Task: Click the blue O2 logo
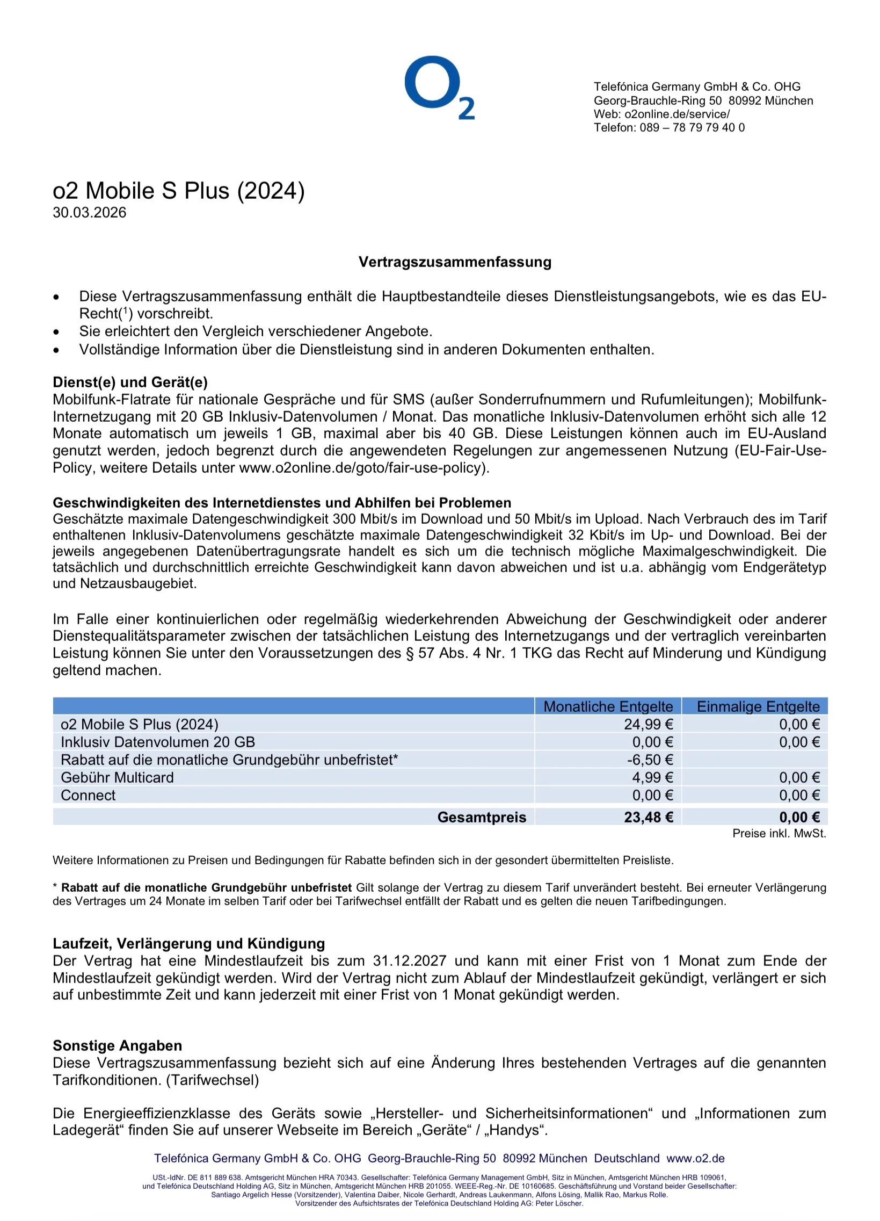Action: click(439, 87)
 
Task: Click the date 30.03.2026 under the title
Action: click(89, 213)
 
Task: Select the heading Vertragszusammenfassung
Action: click(455, 262)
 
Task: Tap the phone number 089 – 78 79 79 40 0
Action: click(692, 128)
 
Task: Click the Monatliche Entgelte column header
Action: click(608, 706)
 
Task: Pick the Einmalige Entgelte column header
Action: click(758, 706)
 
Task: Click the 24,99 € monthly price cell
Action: click(648, 724)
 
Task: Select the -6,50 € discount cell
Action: click(650, 760)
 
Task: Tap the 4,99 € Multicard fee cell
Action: click(652, 777)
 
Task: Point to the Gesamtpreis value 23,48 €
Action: click(648, 817)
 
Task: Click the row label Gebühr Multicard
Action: click(118, 777)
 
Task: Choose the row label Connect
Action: click(88, 795)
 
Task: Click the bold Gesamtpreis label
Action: click(482, 817)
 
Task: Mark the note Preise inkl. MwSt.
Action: click(779, 833)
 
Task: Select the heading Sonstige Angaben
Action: click(118, 1045)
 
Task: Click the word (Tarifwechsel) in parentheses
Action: click(213, 1080)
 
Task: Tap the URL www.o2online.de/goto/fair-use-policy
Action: click(363, 468)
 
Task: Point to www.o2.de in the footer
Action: click(695, 1159)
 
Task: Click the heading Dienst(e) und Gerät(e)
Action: click(130, 382)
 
